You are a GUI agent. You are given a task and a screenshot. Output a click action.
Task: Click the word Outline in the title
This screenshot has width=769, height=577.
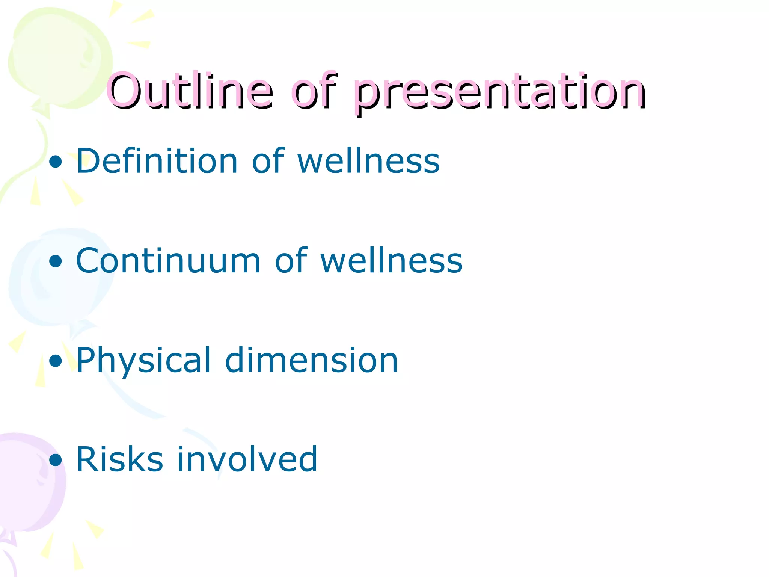coord(190,91)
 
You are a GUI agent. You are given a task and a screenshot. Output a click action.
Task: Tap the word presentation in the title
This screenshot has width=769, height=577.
coord(499,92)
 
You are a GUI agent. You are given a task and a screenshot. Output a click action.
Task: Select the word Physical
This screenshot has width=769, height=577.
coord(143,361)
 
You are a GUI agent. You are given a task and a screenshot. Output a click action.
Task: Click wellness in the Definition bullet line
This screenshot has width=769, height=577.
coord(368,162)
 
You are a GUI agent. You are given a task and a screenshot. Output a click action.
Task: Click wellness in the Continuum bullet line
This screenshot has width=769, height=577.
coord(391,261)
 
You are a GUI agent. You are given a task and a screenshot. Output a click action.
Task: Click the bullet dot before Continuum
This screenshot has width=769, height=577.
coord(56,261)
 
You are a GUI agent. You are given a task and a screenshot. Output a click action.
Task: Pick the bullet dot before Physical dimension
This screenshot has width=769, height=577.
coord(56,361)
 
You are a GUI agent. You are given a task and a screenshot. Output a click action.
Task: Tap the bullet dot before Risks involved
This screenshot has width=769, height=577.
coord(56,460)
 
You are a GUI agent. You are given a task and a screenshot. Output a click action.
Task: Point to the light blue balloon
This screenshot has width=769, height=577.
coord(56,278)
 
